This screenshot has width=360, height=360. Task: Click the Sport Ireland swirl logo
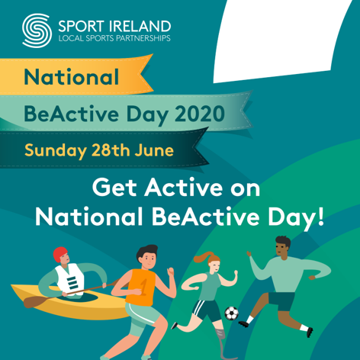pos(37,31)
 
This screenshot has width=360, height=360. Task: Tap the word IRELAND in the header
pos(140,26)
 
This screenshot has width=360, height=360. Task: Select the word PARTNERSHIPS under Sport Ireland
pos(143,38)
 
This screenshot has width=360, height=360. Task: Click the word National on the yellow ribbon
pos(71,77)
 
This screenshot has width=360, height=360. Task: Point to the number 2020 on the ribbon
pos(200,114)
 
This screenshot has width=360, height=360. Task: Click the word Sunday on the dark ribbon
pos(56,150)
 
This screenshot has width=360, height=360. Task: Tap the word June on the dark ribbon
pos(154,150)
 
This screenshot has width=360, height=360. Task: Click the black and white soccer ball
pos(231,313)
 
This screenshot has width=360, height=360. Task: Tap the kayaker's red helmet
pos(59,254)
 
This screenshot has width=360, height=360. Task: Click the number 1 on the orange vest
pos(144,288)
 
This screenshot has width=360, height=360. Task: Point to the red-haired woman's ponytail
pos(203,257)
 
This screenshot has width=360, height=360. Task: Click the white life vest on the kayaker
pos(70,279)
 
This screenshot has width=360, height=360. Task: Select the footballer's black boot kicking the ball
pos(243,324)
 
